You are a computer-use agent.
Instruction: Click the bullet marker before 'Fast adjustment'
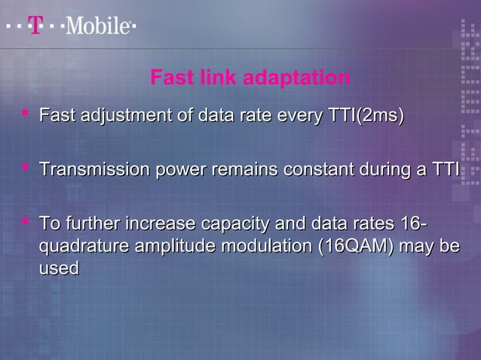26,114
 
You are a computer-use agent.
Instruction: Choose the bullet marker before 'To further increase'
26,221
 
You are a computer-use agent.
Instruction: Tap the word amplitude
168,246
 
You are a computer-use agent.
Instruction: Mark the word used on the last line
59,268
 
